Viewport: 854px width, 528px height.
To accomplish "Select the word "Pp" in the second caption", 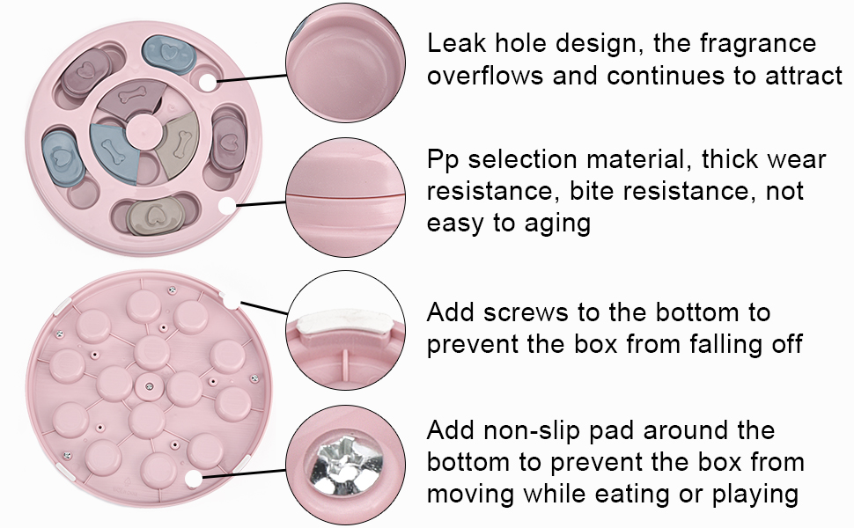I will (443, 161).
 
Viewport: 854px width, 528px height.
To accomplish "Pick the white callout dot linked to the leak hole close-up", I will (208, 83).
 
